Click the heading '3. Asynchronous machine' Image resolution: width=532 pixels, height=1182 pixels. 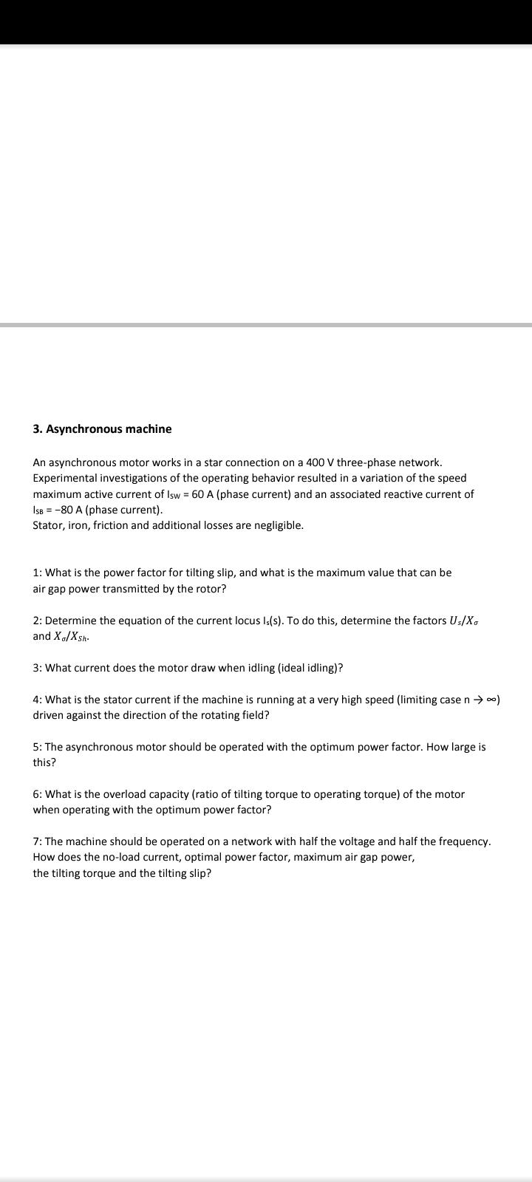(102, 429)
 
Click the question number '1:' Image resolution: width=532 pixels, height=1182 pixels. (38, 573)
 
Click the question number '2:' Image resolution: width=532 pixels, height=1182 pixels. (38, 621)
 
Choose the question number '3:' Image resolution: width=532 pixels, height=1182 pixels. (38, 668)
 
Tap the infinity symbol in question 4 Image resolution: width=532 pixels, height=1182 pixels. (493, 700)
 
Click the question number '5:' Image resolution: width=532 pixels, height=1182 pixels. (38, 747)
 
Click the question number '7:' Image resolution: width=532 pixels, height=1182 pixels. (38, 841)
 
